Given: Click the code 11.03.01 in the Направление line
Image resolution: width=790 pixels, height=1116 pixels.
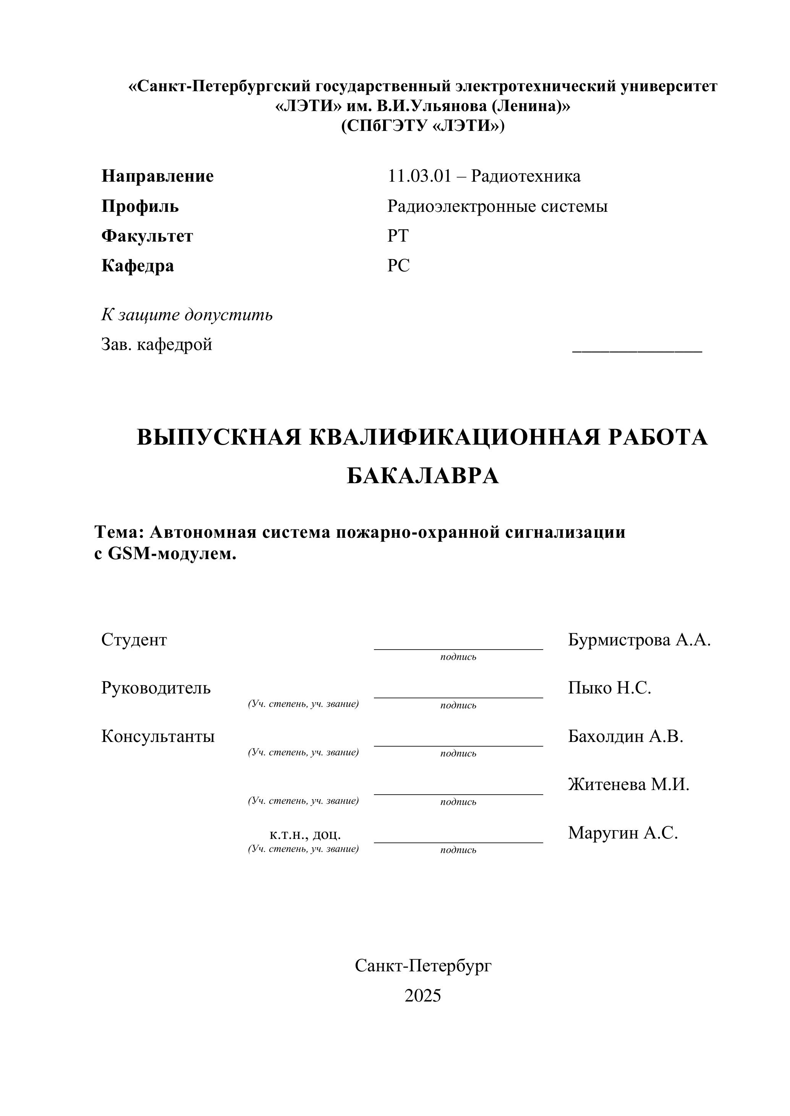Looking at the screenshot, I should [419, 176].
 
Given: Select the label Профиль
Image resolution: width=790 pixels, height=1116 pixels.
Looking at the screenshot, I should [140, 206].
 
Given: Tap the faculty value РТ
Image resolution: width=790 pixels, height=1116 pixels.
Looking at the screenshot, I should [398, 236].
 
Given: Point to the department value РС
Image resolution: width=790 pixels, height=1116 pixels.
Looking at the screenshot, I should [398, 266].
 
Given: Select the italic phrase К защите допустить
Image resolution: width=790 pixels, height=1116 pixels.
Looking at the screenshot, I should [187, 315].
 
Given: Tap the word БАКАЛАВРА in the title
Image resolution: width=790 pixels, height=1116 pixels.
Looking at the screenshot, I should [423, 476].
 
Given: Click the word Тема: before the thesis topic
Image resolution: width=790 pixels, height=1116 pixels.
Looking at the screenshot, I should [119, 532].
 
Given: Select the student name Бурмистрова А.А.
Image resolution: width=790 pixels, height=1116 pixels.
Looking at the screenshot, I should [639, 640].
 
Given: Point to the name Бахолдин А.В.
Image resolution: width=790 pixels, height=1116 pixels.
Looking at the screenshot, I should [626, 736].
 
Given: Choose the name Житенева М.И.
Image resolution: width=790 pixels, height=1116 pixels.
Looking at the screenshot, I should [628, 784].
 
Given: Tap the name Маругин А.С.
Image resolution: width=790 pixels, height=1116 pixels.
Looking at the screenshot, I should [623, 833].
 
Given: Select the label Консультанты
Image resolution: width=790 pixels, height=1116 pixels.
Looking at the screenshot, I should [158, 736].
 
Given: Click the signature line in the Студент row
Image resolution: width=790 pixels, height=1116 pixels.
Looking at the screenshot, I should [458, 648].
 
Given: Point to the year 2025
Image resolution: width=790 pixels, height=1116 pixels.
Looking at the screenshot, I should [423, 996].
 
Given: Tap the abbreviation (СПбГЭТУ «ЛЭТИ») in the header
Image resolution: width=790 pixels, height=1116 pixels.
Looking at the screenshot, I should [423, 126].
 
